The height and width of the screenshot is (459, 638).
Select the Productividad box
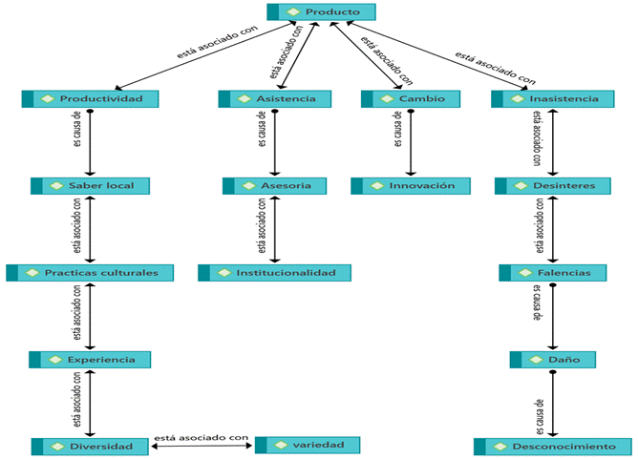pyautogui.click(x=91, y=98)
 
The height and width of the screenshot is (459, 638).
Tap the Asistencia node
pyautogui.click(x=275, y=98)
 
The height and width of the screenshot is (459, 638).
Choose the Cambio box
pyautogui.click(x=411, y=98)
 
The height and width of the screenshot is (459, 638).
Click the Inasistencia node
pyautogui.click(x=555, y=98)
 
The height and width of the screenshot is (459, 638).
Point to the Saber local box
pyautogui.click(x=91, y=185)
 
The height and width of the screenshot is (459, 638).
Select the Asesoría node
pyautogui.click(x=275, y=185)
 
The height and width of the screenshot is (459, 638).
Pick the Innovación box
pyautogui.click(x=411, y=185)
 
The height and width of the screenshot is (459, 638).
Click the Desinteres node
pyautogui.click(x=555, y=185)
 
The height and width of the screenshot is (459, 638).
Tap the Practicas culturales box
pyautogui.click(x=91, y=273)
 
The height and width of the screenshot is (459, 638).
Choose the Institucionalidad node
pyautogui.click(x=275, y=273)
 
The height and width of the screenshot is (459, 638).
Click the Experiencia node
pyautogui.click(x=91, y=360)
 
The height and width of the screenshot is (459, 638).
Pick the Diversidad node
pyautogui.click(x=91, y=446)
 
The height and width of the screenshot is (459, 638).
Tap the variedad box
pyautogui.click(x=307, y=445)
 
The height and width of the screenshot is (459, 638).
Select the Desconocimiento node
pyautogui.click(x=555, y=446)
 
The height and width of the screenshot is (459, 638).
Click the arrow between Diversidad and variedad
pyautogui.click(x=201, y=446)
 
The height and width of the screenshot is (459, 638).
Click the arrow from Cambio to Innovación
pyautogui.click(x=411, y=143)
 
